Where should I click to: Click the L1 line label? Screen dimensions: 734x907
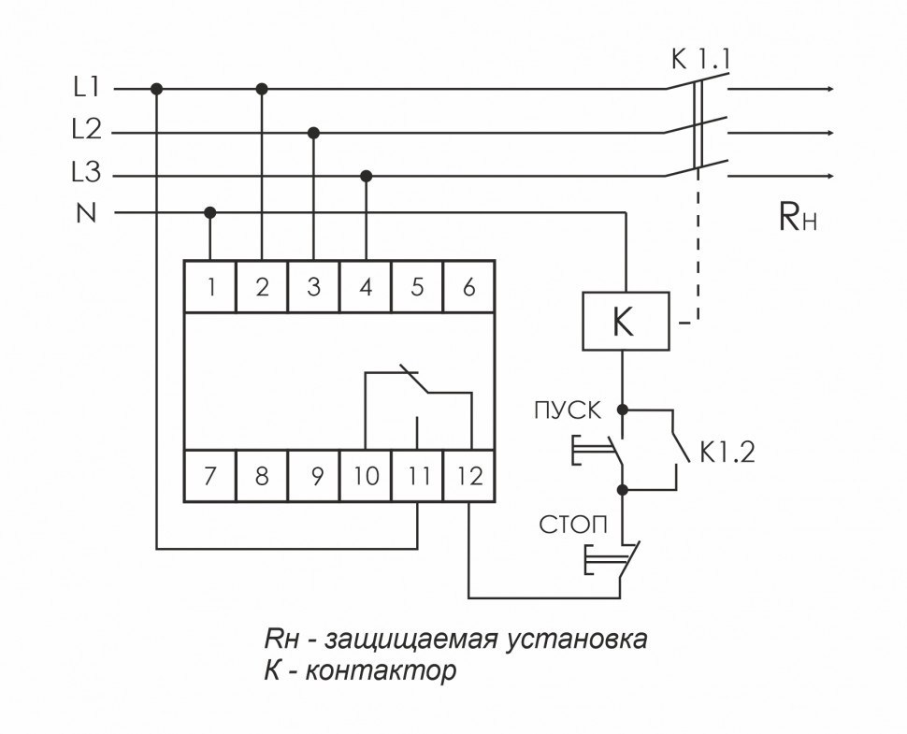pyautogui.click(x=86, y=89)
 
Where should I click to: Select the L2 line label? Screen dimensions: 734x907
pyautogui.click(x=86, y=132)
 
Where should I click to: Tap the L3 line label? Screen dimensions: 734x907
pyautogui.click(x=86, y=175)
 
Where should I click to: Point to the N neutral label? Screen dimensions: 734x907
pyautogui.click(x=86, y=213)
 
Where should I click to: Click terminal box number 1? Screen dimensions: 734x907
pyautogui.click(x=210, y=287)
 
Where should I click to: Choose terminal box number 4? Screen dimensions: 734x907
pyautogui.click(x=366, y=287)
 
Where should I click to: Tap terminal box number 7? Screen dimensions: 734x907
pyautogui.click(x=210, y=477)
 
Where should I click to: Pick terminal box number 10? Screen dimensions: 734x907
pyautogui.click(x=366, y=477)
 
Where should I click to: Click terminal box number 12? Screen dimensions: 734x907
pyautogui.click(x=469, y=477)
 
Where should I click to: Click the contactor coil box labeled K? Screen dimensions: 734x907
pyautogui.click(x=624, y=322)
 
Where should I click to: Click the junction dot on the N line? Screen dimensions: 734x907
pyautogui.click(x=210, y=213)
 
